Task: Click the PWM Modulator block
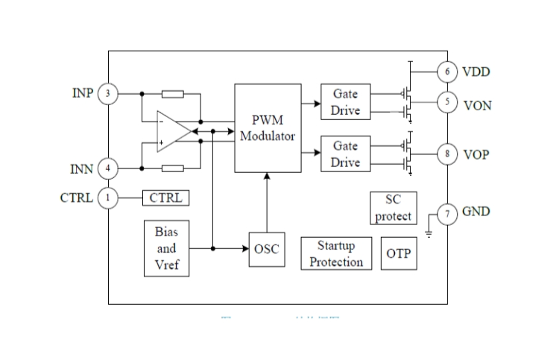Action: click(x=268, y=127)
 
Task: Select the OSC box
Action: click(x=266, y=248)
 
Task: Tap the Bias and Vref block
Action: click(x=166, y=248)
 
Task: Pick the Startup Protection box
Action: click(x=336, y=253)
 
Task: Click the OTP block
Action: click(x=398, y=253)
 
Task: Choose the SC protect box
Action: click(x=393, y=208)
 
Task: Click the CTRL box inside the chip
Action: click(x=165, y=198)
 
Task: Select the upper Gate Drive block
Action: click(x=345, y=102)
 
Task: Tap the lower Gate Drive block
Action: click(x=345, y=154)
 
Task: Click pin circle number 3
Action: click(x=108, y=94)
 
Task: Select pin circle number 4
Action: click(x=108, y=169)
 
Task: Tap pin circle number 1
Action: click(x=108, y=198)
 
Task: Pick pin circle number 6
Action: click(x=447, y=72)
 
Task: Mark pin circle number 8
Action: click(x=447, y=154)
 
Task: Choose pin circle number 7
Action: click(x=447, y=215)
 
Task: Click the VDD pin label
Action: click(x=476, y=72)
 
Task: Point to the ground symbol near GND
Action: click(x=429, y=233)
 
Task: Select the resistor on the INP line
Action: click(x=172, y=94)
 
